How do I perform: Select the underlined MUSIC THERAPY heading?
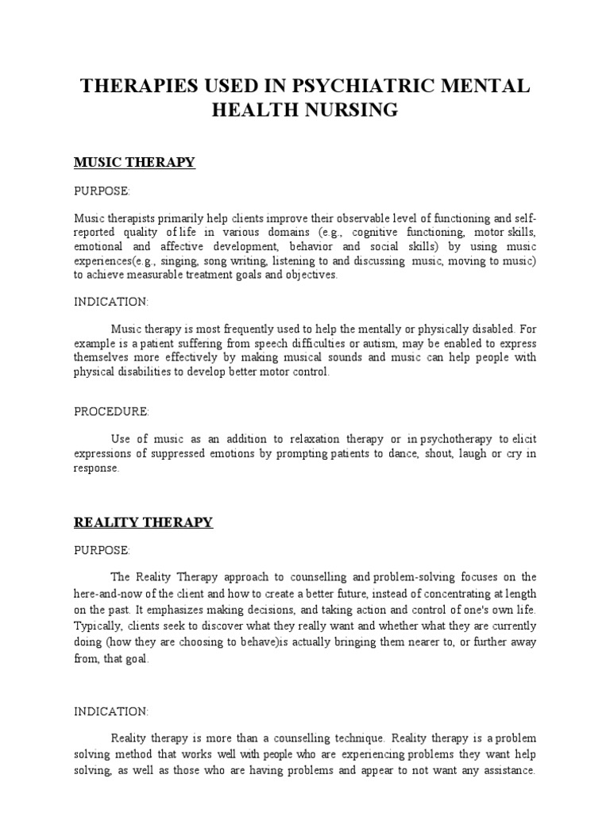click(x=134, y=163)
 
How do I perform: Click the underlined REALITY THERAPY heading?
click(x=143, y=522)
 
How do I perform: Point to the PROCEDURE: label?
click(x=111, y=411)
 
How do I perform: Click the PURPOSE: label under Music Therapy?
click(x=102, y=191)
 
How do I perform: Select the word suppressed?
click(x=183, y=453)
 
